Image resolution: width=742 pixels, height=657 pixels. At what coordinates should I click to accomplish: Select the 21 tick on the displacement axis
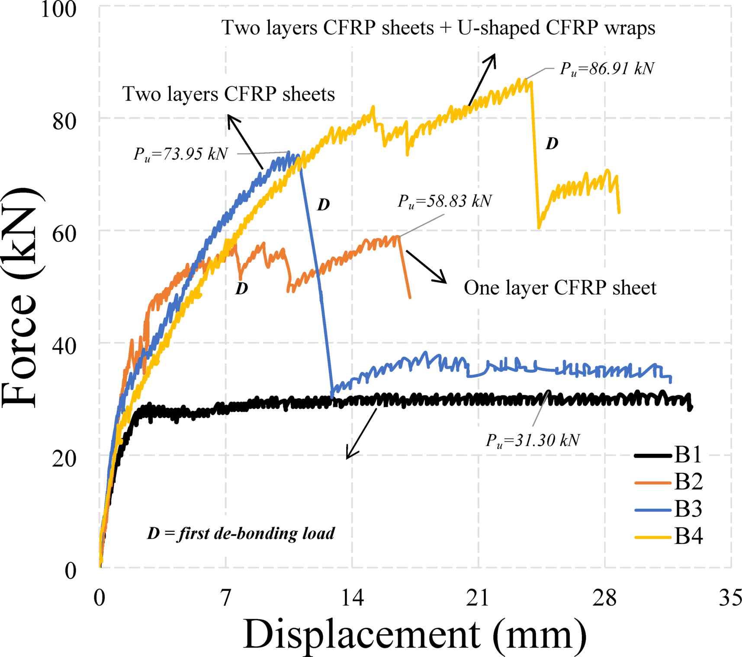(478, 598)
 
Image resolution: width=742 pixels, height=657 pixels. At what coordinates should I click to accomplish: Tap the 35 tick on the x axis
(730, 598)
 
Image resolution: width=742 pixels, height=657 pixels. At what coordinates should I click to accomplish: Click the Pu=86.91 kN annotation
(607, 69)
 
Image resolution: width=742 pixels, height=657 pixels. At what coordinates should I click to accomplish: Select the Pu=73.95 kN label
(180, 154)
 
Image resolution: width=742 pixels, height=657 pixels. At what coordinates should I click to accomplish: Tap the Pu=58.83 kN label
(445, 201)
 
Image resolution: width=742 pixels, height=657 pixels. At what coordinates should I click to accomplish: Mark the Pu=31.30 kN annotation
(533, 440)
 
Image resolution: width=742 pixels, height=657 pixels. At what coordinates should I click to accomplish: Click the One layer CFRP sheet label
(560, 288)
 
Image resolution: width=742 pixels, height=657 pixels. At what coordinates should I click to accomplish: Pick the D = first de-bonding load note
(241, 533)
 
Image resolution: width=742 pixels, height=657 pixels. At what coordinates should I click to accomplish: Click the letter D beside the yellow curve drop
(552, 144)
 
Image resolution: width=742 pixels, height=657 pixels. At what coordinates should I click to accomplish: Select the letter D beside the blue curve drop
(324, 205)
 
